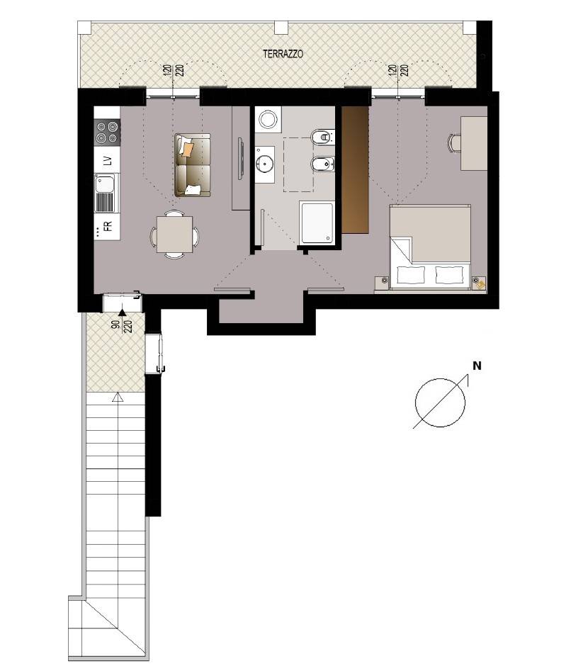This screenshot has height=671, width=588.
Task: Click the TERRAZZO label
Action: (283, 55)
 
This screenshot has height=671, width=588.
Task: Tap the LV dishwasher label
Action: (108, 161)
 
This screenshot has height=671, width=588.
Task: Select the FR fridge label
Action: (108, 226)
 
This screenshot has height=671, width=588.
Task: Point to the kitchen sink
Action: (105, 193)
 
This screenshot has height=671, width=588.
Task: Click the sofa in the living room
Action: (193, 165)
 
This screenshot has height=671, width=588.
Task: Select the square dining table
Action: (174, 234)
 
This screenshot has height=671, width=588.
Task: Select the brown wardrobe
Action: (355, 169)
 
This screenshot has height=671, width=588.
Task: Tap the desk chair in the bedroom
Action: (454, 142)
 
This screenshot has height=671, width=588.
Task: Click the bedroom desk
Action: (474, 143)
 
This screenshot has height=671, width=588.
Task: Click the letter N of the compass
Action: (477, 366)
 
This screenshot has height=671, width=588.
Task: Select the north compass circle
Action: (440, 402)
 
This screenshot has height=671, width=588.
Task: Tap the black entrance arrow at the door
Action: (122, 312)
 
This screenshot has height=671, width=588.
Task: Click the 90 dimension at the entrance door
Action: (115, 324)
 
